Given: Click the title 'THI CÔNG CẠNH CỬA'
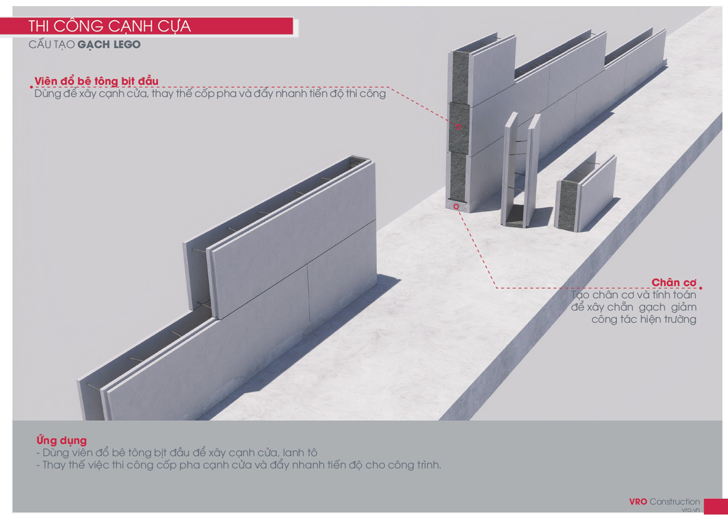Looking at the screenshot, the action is (110, 26).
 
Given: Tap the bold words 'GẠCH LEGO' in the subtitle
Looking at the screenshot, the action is (109, 44).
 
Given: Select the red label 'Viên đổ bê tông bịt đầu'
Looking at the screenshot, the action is (96, 81).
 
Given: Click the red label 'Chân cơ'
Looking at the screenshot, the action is (674, 282).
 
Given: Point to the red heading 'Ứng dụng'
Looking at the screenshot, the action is (61, 441).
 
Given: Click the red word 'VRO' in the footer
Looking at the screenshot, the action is (638, 501).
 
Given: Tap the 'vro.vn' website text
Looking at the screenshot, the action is (690, 510).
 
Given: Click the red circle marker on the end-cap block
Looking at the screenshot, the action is (458, 126).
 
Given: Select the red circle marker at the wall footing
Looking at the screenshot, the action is (456, 206).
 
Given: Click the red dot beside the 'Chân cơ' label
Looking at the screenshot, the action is (701, 288).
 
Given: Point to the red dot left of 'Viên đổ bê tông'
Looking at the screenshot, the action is (31, 87).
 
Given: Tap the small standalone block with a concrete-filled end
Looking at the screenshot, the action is (585, 193).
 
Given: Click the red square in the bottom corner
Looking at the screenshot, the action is (716, 506).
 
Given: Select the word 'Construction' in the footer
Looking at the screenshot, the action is (675, 501).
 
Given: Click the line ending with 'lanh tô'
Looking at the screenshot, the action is (177, 453).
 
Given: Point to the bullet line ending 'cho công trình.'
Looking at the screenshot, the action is (238, 465).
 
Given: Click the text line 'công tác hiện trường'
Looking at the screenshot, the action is (644, 319).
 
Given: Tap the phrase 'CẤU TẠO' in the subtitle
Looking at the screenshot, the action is (52, 44).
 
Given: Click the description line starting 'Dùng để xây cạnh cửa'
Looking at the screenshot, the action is (210, 93).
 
